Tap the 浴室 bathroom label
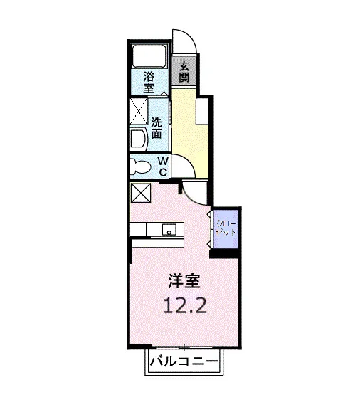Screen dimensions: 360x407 click(x=149, y=83)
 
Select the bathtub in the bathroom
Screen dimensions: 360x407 click(x=149, y=57)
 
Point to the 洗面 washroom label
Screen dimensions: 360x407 click(x=157, y=128)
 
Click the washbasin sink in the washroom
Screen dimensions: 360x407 click(x=139, y=139)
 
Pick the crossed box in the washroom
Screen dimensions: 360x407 click(x=139, y=111)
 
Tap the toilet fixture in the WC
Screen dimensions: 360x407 click(x=141, y=166)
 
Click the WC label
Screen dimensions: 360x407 click(x=163, y=166)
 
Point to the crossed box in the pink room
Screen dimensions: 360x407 click(x=141, y=193)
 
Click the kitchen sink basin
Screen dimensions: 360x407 click(x=169, y=229)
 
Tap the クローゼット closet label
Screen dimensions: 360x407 click(x=226, y=228)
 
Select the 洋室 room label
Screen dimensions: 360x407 click(x=184, y=281)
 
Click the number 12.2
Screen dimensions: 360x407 click(x=185, y=305)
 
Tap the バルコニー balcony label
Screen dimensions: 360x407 click(x=184, y=361)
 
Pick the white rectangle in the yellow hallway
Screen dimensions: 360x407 click(x=203, y=111)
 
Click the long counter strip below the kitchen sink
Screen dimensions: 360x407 click(x=159, y=243)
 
